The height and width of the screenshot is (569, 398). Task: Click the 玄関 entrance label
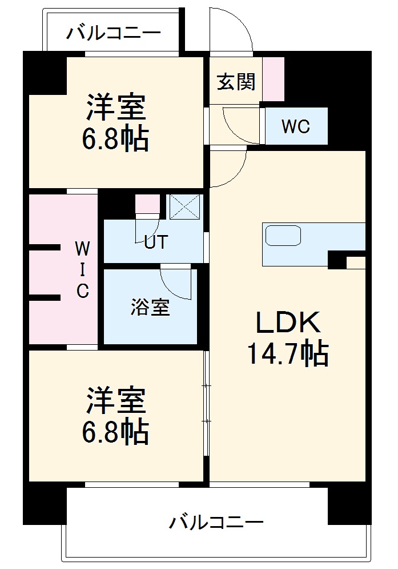235,82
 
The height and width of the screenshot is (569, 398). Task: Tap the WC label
296,126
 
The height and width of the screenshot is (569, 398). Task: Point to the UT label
155,242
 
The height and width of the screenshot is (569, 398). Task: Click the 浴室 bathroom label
150,308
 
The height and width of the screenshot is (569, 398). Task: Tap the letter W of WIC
83,248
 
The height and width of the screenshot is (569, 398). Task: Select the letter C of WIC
83,291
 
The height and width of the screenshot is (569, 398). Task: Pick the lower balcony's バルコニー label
216,522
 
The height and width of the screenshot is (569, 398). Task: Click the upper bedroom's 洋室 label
116,106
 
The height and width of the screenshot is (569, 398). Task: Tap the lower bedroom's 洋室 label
116,401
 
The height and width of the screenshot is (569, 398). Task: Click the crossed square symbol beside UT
186,206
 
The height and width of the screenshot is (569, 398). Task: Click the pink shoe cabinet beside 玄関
273,78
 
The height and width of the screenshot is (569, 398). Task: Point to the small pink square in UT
146,204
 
